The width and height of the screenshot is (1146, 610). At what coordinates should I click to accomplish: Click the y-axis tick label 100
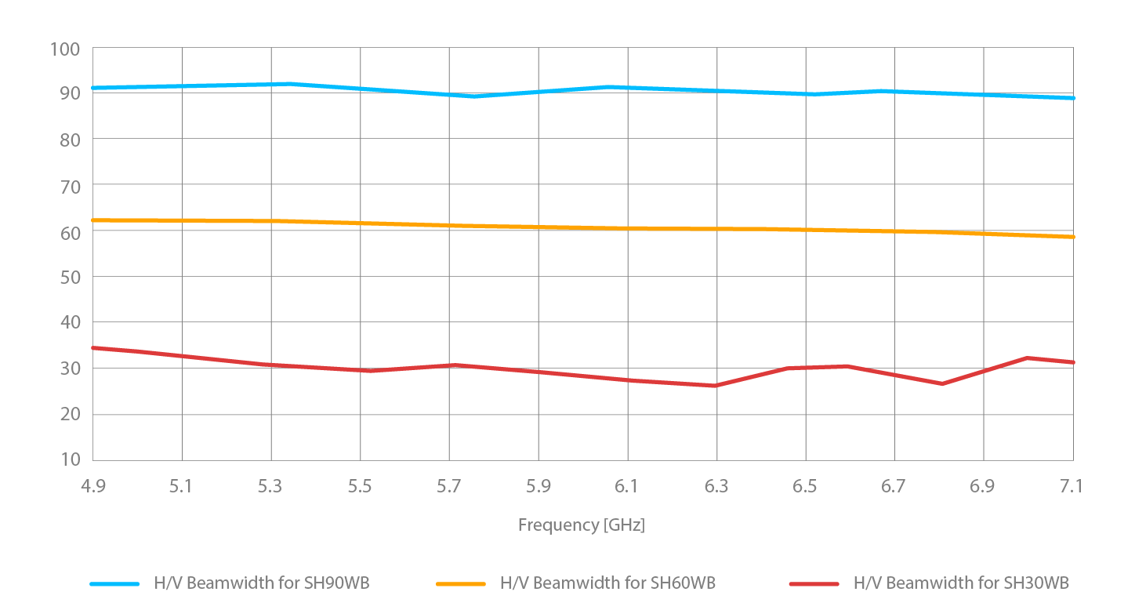tap(65, 49)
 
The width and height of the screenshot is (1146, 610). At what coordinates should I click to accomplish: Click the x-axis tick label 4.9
tap(92, 487)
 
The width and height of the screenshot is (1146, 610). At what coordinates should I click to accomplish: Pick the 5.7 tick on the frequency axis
tap(448, 487)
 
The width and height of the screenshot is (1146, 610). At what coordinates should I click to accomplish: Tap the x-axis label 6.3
tap(716, 487)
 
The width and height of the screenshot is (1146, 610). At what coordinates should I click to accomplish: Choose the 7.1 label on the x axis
tap(1072, 487)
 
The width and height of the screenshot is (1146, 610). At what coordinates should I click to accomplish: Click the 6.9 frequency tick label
tap(982, 487)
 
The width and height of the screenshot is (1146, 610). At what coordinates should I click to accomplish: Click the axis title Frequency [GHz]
tap(581, 525)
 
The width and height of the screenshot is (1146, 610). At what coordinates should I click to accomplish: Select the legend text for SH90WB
tap(262, 583)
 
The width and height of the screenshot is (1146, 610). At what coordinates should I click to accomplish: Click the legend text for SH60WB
tap(607, 583)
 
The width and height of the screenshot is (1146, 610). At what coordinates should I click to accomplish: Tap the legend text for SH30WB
tap(961, 583)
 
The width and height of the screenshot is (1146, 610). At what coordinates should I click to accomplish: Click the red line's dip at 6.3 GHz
tap(715, 386)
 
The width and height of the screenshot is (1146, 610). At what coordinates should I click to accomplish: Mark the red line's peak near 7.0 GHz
tap(1027, 358)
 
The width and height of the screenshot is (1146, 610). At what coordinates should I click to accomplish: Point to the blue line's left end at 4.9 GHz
tap(93, 88)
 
